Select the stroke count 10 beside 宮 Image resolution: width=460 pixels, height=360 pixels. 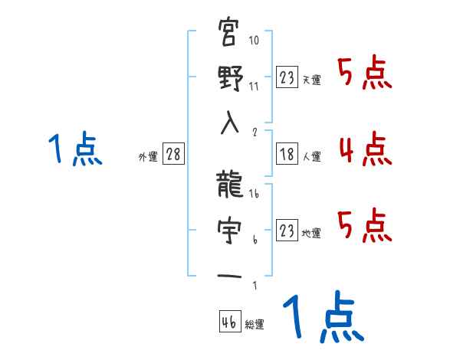[x=255, y=40]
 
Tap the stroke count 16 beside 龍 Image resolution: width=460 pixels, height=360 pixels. [x=255, y=195]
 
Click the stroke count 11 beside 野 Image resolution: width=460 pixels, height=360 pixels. [x=255, y=86]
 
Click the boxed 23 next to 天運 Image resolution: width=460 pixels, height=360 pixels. [x=287, y=78]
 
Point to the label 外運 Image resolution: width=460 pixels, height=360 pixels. [x=147, y=157]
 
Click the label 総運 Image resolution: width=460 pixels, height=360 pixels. [x=255, y=325]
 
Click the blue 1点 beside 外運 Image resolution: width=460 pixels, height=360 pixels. [x=74, y=149]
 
